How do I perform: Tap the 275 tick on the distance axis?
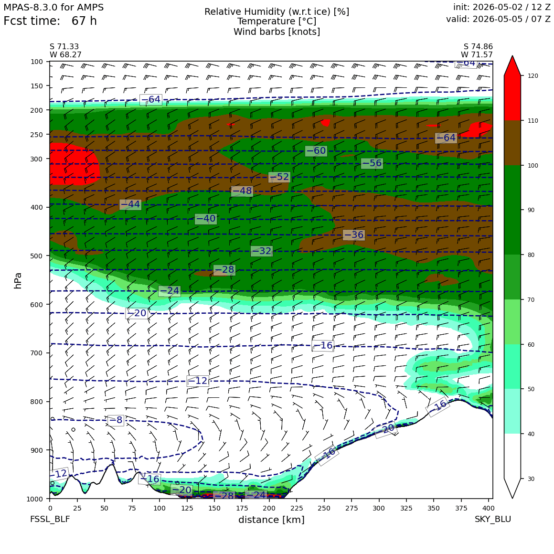(352, 508)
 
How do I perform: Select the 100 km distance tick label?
(160, 508)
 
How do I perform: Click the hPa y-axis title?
(18, 281)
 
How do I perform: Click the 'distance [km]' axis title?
(271, 520)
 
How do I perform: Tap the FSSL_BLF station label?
(50, 519)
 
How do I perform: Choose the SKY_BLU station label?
(492, 519)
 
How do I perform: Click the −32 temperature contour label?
(261, 251)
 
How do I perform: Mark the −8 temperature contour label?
(116, 420)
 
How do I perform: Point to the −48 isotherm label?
(242, 191)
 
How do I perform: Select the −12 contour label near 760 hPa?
(198, 381)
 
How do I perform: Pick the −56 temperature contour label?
(372, 163)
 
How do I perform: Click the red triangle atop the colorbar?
(512, 65)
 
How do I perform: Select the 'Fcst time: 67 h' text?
(50, 21)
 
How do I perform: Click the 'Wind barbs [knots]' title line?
(277, 32)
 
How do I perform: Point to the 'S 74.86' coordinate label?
(478, 47)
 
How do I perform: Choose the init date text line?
(502, 7)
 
